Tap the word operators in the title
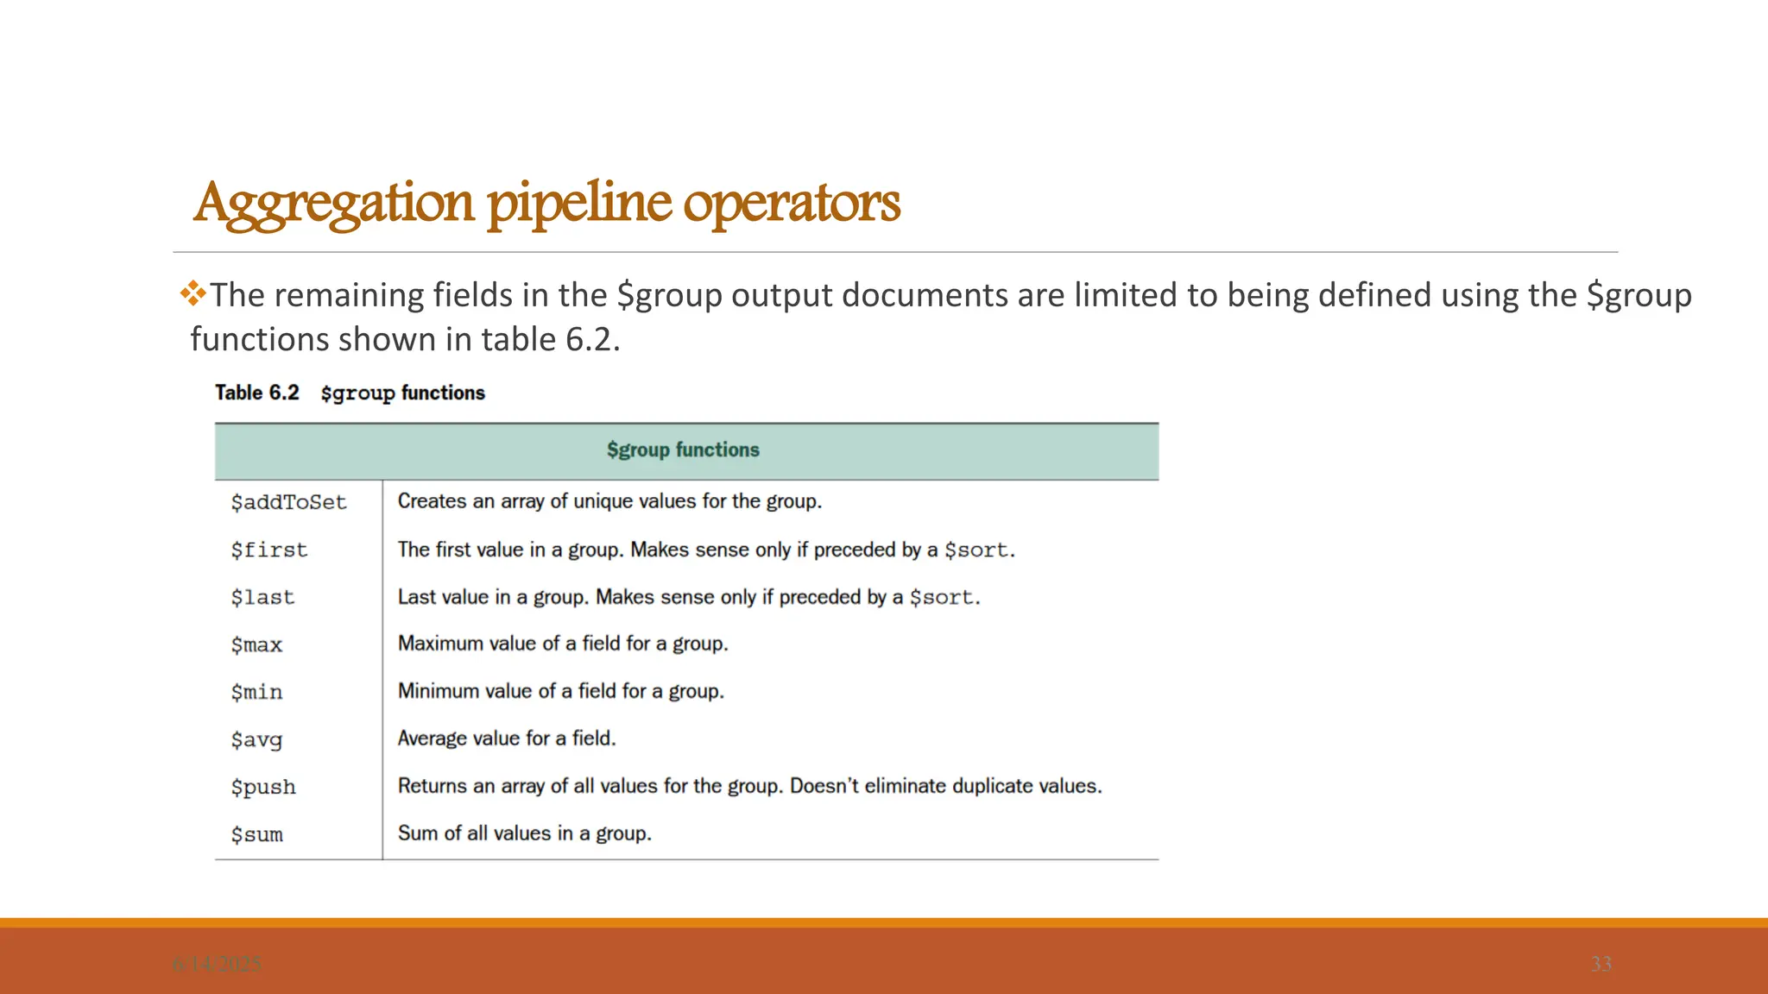click(x=792, y=204)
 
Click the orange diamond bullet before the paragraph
click(x=193, y=294)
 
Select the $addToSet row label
click(x=288, y=502)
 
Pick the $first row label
click(x=268, y=550)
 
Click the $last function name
click(x=262, y=597)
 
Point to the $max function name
click(x=256, y=645)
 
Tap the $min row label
click(x=256, y=692)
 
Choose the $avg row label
click(x=256, y=739)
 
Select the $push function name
click(x=263, y=787)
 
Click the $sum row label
click(x=256, y=834)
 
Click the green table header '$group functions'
click(x=683, y=450)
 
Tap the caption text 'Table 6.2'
click(x=257, y=393)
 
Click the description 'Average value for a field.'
click(x=507, y=739)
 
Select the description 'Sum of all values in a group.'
click(x=524, y=834)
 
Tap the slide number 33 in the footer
click(x=1601, y=964)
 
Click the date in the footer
click(x=217, y=964)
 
